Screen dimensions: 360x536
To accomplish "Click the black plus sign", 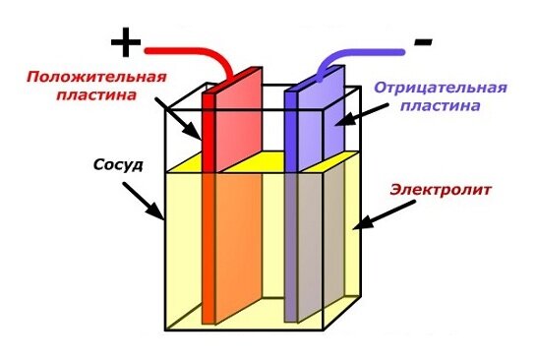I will [x=124, y=42].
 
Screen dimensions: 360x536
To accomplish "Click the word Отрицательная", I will [x=440, y=87].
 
